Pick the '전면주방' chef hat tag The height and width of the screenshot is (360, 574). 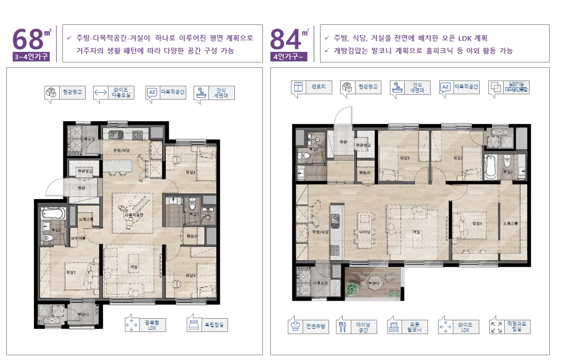pyautogui.click(x=308, y=327)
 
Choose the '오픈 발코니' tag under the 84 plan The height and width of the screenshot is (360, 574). pyautogui.click(x=407, y=327)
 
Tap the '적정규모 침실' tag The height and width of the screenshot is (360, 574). pyautogui.click(x=510, y=327)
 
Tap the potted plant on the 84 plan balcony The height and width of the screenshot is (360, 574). pyautogui.click(x=352, y=289)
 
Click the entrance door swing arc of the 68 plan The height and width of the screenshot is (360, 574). pyautogui.click(x=55, y=185)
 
